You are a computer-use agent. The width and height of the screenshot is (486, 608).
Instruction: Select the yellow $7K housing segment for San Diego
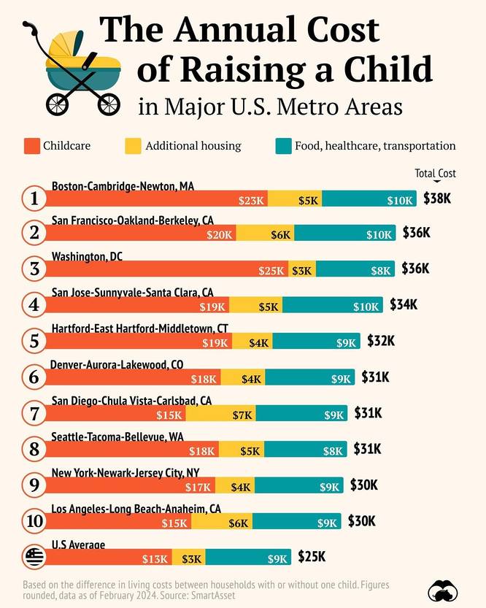(220, 415)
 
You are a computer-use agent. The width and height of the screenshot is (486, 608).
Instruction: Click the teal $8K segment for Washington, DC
(355, 270)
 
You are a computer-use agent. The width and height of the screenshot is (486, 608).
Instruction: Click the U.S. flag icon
(34, 558)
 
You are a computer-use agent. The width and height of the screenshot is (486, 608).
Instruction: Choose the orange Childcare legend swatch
(31, 146)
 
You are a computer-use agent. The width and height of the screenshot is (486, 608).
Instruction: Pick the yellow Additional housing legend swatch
(134, 146)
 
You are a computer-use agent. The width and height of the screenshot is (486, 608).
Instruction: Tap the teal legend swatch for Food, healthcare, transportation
(284, 146)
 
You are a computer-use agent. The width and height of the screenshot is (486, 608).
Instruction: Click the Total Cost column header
(435, 174)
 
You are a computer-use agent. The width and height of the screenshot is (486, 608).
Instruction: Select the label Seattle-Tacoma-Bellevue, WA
(117, 436)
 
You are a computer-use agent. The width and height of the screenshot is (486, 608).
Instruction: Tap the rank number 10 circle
(34, 521)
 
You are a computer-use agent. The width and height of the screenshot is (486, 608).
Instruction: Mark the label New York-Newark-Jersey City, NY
(125, 472)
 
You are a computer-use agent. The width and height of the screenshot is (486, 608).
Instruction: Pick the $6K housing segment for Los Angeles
(222, 522)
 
